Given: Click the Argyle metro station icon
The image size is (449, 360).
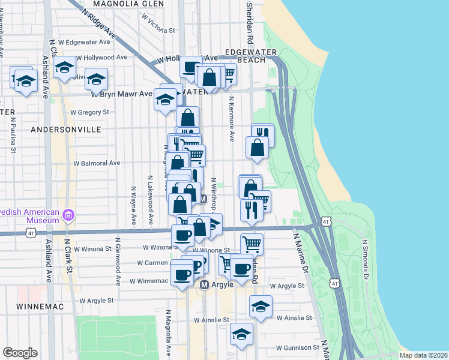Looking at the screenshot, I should (204, 284).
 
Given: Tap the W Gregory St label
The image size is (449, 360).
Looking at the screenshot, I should (89, 112).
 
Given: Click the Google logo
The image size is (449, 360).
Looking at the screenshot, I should (20, 352).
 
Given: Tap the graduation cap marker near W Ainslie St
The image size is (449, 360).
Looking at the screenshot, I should (261, 307).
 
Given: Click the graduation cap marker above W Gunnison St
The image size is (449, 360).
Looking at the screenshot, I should (241, 334).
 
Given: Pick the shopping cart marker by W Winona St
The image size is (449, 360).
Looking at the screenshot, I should (252, 243).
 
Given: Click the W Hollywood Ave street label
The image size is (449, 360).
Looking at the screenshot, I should (106, 58).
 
